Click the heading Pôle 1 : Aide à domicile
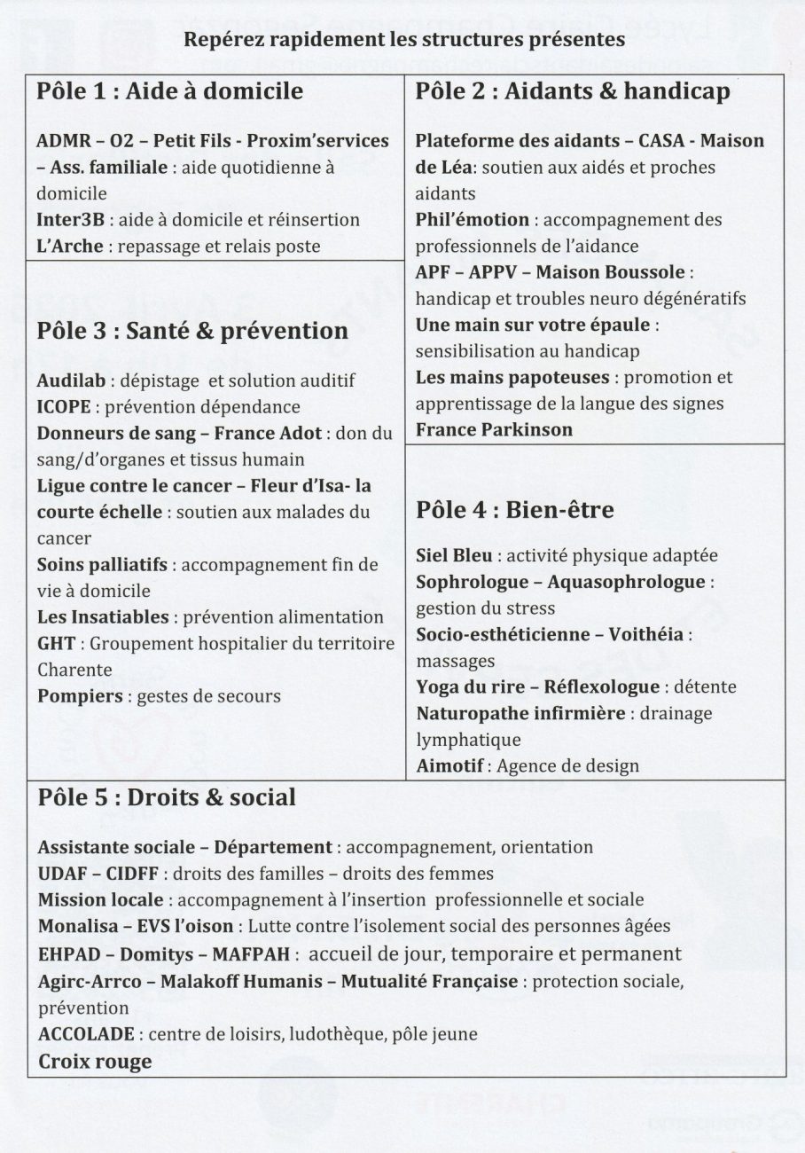point(169,91)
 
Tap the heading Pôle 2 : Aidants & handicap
point(573,91)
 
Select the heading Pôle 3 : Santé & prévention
point(192,331)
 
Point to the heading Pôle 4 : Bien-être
point(514,510)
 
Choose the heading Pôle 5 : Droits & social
point(167,797)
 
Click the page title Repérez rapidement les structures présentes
point(403,40)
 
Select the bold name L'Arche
point(70,246)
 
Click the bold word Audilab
point(71,380)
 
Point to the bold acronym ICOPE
point(63,407)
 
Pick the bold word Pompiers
point(80,696)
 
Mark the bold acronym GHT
point(57,643)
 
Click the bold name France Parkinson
point(494,430)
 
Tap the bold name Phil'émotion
point(472,219)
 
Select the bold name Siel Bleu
point(455,556)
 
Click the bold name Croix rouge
point(95,1062)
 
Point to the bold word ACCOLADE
point(86,1034)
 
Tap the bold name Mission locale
point(100,900)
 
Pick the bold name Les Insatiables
point(103,617)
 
